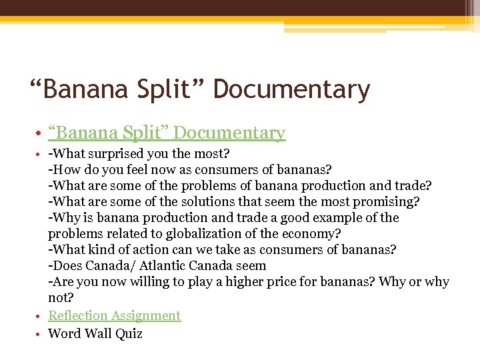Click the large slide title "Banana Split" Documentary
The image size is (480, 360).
point(200,89)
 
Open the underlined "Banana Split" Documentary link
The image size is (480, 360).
point(167,133)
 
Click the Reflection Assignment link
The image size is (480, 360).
point(114,315)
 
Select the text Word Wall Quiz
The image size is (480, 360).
point(95,333)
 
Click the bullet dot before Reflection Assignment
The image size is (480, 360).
point(41,316)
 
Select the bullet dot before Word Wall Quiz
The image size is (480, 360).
point(41,334)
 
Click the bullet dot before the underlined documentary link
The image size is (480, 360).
point(41,134)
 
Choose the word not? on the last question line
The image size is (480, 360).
point(61,298)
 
